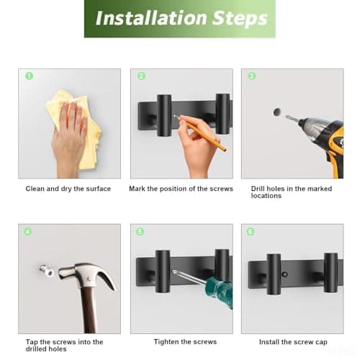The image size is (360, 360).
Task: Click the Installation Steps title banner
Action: click(180, 19)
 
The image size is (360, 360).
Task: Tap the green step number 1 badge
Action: click(30, 76)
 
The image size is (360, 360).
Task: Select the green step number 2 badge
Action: click(142, 76)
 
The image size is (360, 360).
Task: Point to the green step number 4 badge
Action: click(28, 232)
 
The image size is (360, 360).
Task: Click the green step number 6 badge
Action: click(251, 232)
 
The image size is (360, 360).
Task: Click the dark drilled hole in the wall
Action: click(277, 112)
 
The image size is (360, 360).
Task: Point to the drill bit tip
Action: click(287, 117)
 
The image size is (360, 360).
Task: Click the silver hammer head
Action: click(86, 276)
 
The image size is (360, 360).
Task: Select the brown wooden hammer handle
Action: click(88, 310)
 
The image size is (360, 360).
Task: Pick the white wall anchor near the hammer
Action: click(47, 271)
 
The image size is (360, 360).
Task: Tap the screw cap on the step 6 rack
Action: click(285, 274)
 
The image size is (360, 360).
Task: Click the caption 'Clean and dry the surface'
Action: click(68, 189)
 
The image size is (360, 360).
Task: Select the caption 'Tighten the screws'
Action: click(185, 342)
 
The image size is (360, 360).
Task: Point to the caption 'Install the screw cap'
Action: click(293, 342)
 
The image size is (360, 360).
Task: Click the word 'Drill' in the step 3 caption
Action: click(258, 189)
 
